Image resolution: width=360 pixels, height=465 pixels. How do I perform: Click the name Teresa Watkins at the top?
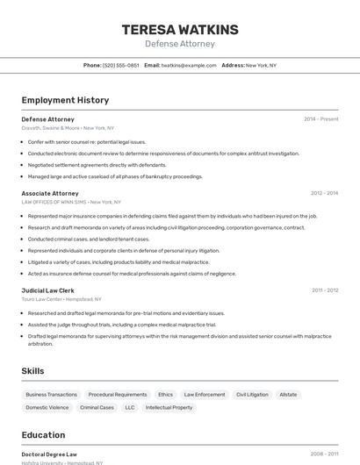coord(179,30)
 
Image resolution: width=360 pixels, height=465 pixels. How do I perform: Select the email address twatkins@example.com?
coord(188,65)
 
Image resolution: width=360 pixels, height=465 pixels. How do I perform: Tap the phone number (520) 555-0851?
coord(120,65)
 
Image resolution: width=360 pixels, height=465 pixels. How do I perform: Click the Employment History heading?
coord(65,100)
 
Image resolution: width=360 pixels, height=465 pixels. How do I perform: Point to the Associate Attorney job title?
coord(50,193)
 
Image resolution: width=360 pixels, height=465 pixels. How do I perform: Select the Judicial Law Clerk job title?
coord(47,290)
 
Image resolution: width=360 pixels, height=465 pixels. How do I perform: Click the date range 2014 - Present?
coord(320,119)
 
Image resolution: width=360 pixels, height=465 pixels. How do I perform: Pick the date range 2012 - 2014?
coord(324,193)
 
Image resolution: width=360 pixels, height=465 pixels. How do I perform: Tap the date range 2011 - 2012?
coord(324,290)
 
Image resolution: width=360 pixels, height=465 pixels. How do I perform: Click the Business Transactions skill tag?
coord(52,395)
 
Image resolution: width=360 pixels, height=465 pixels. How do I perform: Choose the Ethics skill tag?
coord(165,395)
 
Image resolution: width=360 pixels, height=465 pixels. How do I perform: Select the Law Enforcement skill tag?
coord(205,395)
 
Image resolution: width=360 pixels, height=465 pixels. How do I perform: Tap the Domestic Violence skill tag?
coord(47,407)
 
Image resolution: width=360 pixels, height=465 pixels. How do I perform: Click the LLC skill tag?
coord(130,407)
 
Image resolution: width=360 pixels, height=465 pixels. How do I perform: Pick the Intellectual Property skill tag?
coord(169,407)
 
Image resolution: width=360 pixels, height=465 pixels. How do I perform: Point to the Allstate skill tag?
coord(288,395)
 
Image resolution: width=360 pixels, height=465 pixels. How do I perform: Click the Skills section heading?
coord(33,371)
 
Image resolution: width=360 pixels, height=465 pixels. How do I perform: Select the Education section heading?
coord(43,435)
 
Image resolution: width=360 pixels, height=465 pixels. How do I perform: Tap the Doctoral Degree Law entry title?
coord(49,454)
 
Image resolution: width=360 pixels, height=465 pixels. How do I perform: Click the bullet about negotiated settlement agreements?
coord(97,164)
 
